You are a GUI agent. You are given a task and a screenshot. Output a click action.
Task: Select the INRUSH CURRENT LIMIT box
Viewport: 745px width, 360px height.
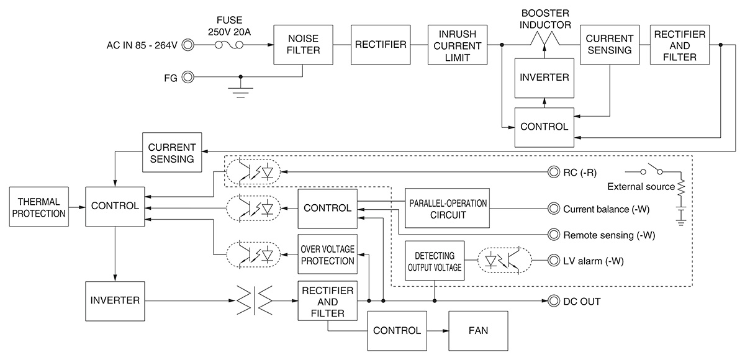coord(458,45)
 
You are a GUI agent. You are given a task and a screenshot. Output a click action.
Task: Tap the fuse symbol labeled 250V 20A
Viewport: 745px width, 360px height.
coord(230,45)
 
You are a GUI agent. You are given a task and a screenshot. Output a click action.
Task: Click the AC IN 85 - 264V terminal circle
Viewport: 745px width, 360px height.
coord(186,45)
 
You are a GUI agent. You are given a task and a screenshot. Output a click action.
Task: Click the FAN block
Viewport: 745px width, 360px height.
coord(478,331)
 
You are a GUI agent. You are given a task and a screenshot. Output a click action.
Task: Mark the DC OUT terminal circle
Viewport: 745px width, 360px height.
coord(552,302)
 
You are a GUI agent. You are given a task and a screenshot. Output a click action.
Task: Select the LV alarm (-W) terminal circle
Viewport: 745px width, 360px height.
coord(552,261)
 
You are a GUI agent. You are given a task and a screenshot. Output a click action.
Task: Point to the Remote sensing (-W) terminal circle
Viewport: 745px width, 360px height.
coord(552,235)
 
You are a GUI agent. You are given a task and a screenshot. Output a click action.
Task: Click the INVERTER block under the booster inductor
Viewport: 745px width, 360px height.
coord(544,78)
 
